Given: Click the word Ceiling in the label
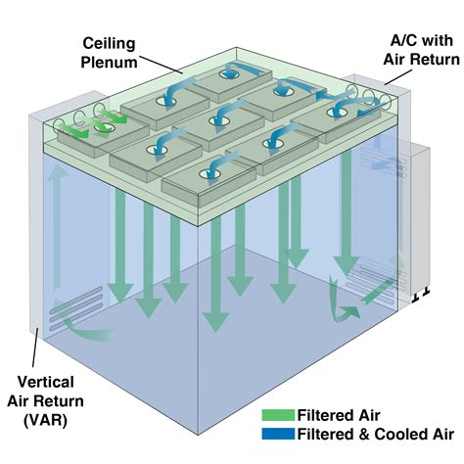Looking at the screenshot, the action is (109, 44).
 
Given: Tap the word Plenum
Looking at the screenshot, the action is (109, 63).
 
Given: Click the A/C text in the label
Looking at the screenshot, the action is (404, 41).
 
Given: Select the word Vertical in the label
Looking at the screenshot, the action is (46, 382).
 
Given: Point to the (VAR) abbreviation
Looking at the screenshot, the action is (45, 420).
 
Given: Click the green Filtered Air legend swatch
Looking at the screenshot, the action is (278, 415).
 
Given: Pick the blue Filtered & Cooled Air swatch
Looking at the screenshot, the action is (278, 434).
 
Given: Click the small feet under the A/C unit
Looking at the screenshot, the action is (421, 296).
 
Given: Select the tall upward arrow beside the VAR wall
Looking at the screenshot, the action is (58, 227).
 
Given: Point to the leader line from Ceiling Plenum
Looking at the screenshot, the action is (161, 65).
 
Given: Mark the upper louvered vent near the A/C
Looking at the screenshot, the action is (384, 161).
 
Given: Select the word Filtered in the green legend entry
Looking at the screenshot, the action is (323, 415).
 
